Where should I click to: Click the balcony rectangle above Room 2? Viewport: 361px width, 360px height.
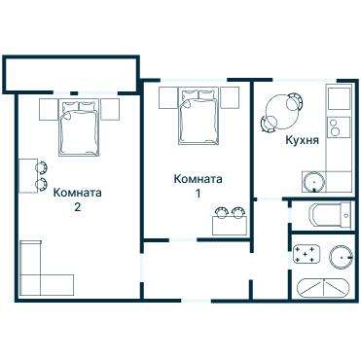point(68,72)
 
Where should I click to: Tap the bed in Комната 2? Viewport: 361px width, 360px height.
point(79,126)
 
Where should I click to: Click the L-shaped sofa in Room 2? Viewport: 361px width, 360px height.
point(39,268)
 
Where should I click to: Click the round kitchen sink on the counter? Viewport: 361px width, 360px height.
point(314,180)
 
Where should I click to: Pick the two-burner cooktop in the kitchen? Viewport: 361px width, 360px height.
point(337,127)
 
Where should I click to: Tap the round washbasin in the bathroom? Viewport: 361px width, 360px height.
point(340,256)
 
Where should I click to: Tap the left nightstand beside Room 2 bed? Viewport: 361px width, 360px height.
point(49,109)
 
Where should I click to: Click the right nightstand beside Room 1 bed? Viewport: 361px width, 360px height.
point(231,101)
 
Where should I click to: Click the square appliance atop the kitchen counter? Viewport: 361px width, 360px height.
point(338,98)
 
